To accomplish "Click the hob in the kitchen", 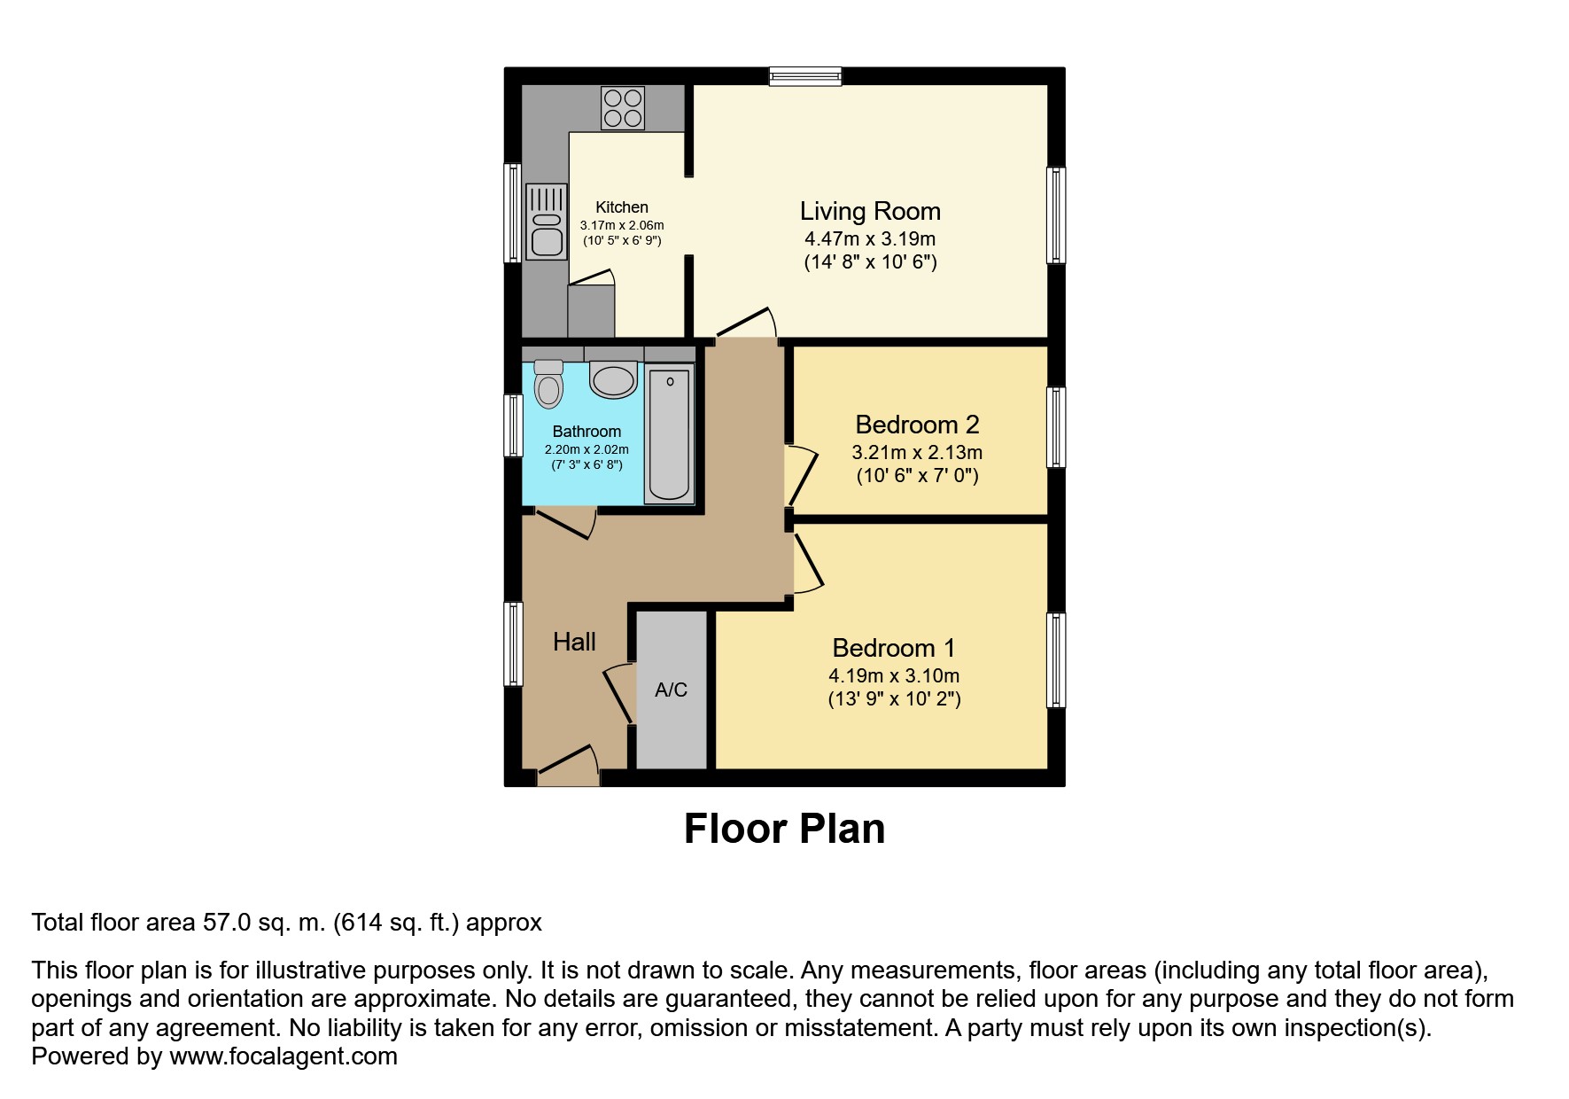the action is (623, 107).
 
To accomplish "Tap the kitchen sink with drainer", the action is (547, 221).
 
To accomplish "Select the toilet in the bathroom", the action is (549, 384).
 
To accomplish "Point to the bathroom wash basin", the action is (613, 379).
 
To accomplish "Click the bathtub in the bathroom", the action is (670, 434).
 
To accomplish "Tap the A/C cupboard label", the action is (671, 690).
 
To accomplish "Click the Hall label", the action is (574, 642).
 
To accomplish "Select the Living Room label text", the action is (870, 211).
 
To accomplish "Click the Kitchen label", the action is (622, 207).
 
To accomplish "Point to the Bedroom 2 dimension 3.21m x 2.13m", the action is (917, 452).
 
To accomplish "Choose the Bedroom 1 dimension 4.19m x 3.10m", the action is (894, 675).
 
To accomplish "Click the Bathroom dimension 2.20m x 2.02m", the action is (586, 449).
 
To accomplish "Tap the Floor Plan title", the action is (784, 829).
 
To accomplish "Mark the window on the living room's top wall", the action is (805, 76).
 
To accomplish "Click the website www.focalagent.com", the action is (284, 1056).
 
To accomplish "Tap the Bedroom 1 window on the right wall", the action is (1056, 660).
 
